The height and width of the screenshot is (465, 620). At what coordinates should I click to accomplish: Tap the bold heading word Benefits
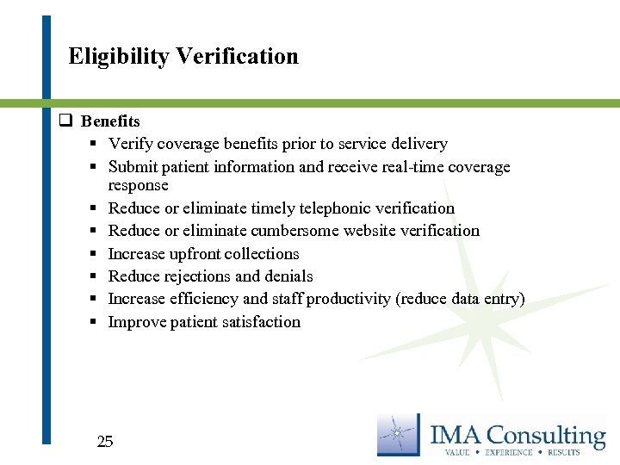click(x=110, y=121)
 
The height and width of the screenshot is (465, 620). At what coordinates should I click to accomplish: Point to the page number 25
click(x=105, y=442)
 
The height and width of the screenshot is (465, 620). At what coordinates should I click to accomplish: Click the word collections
click(x=257, y=254)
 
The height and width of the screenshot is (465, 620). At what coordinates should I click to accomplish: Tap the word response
click(x=138, y=185)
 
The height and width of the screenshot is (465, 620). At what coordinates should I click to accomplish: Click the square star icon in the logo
click(x=399, y=435)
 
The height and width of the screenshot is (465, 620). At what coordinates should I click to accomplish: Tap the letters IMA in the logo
click(x=457, y=435)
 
